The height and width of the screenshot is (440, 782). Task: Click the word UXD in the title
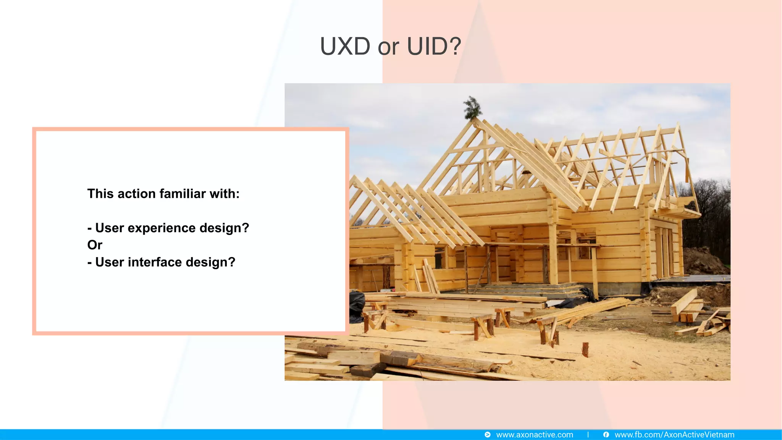(345, 47)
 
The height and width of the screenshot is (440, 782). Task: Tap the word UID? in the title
(434, 47)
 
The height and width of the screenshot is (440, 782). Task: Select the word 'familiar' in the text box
(183, 194)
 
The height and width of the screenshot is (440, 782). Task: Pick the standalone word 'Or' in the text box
(95, 245)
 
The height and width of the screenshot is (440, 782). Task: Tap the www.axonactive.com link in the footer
(534, 435)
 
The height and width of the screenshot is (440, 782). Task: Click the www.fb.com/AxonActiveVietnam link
(674, 435)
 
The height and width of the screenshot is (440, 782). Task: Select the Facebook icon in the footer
(606, 435)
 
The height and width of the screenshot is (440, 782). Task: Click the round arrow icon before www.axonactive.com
(488, 435)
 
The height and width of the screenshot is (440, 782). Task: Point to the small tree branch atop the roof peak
(472, 108)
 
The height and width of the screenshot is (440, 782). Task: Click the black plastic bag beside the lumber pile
(357, 306)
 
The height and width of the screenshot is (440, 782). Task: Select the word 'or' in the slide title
(388, 47)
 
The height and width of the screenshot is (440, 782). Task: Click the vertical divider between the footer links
(588, 435)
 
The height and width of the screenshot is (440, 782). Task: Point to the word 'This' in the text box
(100, 194)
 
